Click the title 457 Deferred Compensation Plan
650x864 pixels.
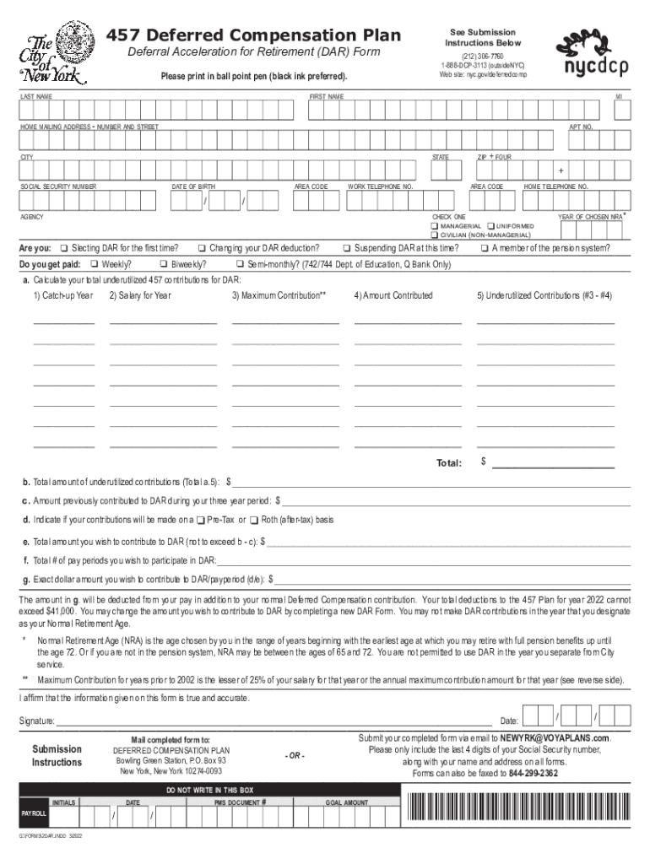click(252, 36)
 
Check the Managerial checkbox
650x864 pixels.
click(434, 226)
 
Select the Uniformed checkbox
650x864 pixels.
click(490, 226)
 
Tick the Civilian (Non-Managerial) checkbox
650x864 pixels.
click(434, 235)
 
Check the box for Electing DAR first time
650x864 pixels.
click(63, 248)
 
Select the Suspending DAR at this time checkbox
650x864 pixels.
click(347, 248)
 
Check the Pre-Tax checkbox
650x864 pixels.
click(200, 520)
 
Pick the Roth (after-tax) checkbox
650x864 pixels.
click(254, 520)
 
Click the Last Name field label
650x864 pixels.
click(36, 97)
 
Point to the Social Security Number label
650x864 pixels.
click(58, 186)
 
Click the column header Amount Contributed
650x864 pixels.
click(393, 295)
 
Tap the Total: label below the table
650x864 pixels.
click(448, 463)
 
